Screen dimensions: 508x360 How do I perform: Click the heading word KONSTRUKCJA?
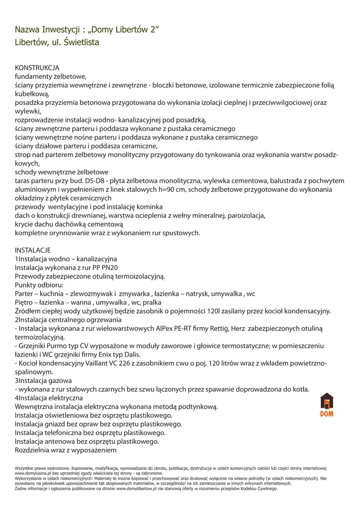[37, 67]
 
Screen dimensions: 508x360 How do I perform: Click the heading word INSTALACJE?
[33, 250]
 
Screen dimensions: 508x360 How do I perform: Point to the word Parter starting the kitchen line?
[24, 294]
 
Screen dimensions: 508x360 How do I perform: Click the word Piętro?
[24, 302]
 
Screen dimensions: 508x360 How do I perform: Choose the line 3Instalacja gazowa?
[43, 381]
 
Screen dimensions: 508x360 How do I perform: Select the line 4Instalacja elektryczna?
[49, 398]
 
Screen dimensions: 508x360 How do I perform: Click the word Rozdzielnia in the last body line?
[35, 450]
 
